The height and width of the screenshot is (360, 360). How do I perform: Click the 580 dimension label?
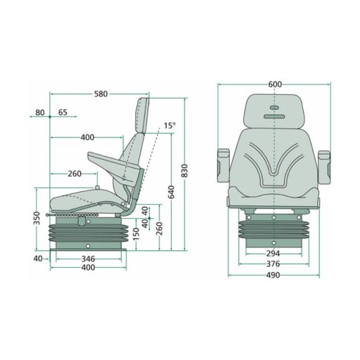[101, 94]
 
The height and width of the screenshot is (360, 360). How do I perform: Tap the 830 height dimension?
[185, 171]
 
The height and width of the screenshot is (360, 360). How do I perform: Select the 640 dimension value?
[172, 192]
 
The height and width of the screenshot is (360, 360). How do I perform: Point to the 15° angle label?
[169, 126]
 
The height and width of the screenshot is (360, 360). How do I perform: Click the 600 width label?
[275, 84]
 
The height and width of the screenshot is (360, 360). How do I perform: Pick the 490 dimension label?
[273, 275]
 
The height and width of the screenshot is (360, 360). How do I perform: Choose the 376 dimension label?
[273, 264]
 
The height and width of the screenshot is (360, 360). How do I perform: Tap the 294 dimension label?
[273, 253]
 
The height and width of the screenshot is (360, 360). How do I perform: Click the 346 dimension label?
[88, 259]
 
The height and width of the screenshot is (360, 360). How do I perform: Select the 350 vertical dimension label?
[37, 218]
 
